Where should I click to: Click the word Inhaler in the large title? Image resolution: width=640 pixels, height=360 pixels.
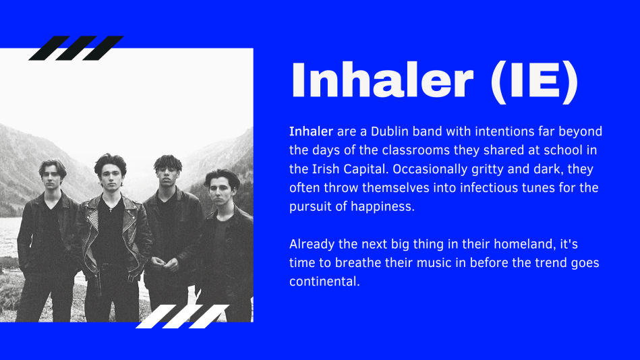click(382, 80)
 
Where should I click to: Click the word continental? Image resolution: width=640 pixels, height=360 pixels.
click(324, 281)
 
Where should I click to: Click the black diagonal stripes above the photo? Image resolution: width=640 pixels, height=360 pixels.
click(76, 48)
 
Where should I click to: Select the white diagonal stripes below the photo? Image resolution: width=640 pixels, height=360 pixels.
click(183, 316)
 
